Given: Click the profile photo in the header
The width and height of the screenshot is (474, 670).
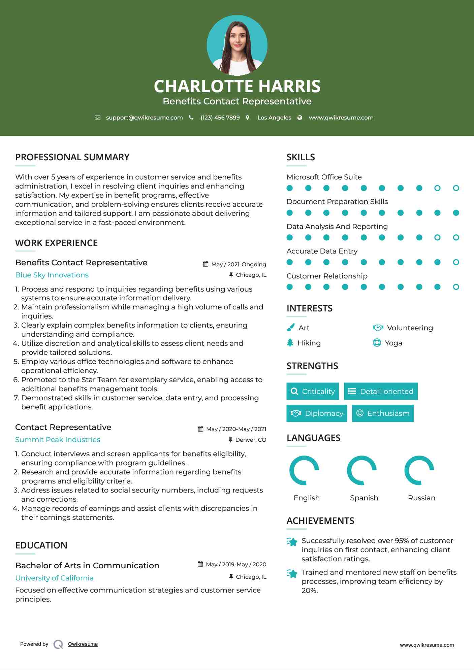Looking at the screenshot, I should pyautogui.click(x=237, y=45).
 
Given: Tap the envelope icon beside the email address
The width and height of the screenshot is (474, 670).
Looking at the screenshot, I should pyautogui.click(x=97, y=118).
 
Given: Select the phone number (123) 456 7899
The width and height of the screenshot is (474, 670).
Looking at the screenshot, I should pyautogui.click(x=220, y=118).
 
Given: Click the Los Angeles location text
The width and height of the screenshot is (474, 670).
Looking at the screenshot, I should pyautogui.click(x=274, y=118).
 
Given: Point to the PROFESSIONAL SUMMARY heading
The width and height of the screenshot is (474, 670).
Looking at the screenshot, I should pyautogui.click(x=72, y=157).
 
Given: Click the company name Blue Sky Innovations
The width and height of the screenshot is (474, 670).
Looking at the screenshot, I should pyautogui.click(x=52, y=275).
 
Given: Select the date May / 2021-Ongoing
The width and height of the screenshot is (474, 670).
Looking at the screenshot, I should pyautogui.click(x=238, y=265).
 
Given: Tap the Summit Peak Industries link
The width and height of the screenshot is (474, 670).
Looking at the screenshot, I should pyautogui.click(x=58, y=440).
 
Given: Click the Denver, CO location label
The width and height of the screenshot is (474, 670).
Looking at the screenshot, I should pyautogui.click(x=250, y=440).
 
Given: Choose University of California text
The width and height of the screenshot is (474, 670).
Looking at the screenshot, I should pyautogui.click(x=54, y=578).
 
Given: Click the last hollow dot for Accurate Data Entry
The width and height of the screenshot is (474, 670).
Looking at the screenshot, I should pyautogui.click(x=456, y=262).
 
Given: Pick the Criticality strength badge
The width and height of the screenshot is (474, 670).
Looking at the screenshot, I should pyautogui.click(x=313, y=391).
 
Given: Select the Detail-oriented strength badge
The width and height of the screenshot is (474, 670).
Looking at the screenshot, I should pyautogui.click(x=381, y=391).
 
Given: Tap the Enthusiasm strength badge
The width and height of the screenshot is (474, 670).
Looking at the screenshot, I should pyautogui.click(x=383, y=413).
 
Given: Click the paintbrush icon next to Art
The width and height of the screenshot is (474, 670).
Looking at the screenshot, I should pyautogui.click(x=290, y=328).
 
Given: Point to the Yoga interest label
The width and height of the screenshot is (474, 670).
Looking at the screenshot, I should pyautogui.click(x=393, y=343).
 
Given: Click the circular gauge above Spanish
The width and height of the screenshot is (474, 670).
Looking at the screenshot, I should pyautogui.click(x=362, y=470).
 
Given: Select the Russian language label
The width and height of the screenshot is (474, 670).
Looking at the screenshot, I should pyautogui.click(x=421, y=498).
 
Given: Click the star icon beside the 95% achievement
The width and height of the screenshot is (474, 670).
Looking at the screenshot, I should pyautogui.click(x=292, y=542).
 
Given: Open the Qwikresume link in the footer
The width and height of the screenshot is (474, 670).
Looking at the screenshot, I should pyautogui.click(x=83, y=644).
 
